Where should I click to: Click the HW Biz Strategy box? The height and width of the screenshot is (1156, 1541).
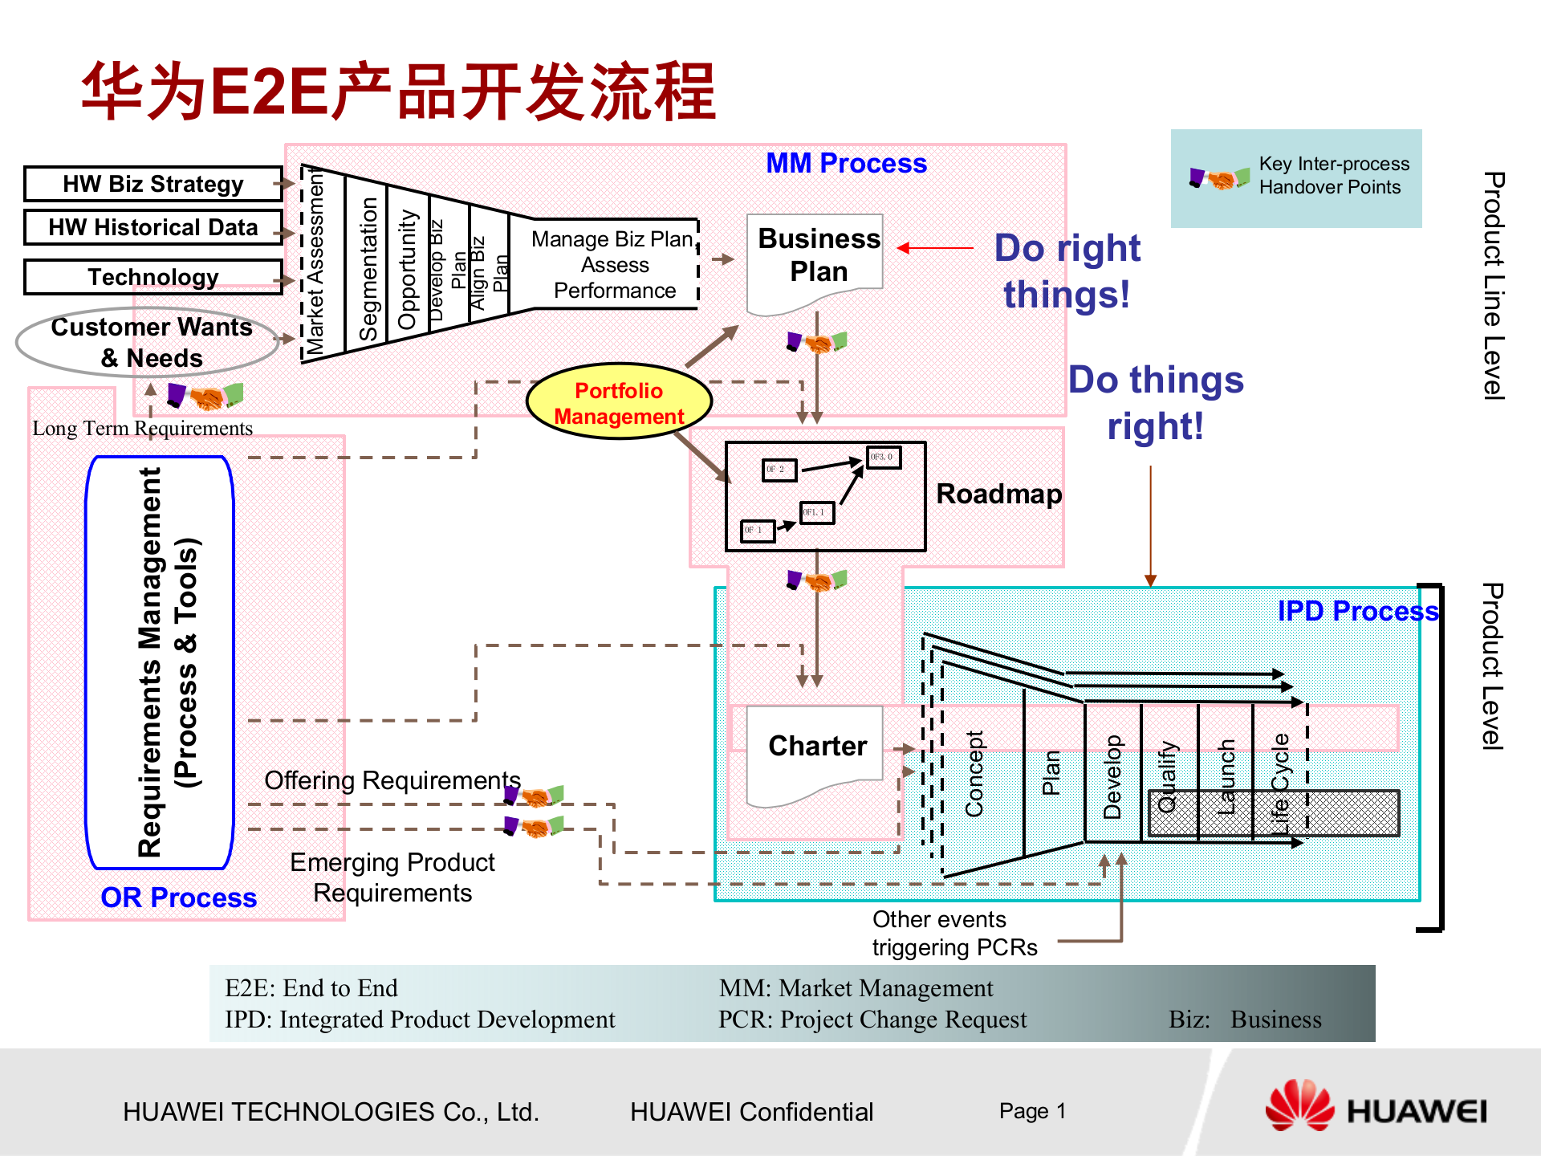pyautogui.click(x=152, y=184)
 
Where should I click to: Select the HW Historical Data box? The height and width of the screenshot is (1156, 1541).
pyautogui.click(x=152, y=228)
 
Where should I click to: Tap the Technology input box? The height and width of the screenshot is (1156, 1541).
pyautogui.click(x=152, y=277)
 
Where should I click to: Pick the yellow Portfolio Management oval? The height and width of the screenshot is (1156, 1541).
pyautogui.click(x=619, y=403)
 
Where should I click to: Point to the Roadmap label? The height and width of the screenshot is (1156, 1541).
pyautogui.click(x=998, y=494)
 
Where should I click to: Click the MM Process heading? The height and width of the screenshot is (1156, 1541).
pyautogui.click(x=846, y=163)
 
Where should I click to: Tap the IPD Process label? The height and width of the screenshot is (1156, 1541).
pyautogui.click(x=1357, y=611)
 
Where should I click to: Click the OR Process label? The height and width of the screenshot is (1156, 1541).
pyautogui.click(x=178, y=898)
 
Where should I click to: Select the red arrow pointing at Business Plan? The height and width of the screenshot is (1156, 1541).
pyautogui.click(x=935, y=248)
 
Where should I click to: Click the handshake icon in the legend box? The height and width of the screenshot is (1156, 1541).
pyautogui.click(x=1219, y=178)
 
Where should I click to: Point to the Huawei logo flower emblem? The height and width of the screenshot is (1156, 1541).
pyautogui.click(x=1299, y=1106)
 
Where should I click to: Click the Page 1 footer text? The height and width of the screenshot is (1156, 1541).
pyautogui.click(x=1032, y=1111)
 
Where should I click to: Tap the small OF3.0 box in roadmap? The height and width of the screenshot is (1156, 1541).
pyautogui.click(x=884, y=458)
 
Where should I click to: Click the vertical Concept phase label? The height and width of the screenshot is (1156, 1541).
pyautogui.click(x=974, y=773)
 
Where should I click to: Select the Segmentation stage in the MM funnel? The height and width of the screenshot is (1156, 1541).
pyautogui.click(x=368, y=269)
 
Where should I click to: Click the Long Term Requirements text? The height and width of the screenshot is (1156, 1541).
pyautogui.click(x=142, y=429)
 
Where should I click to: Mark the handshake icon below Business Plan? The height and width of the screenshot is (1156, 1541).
pyautogui.click(x=817, y=343)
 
